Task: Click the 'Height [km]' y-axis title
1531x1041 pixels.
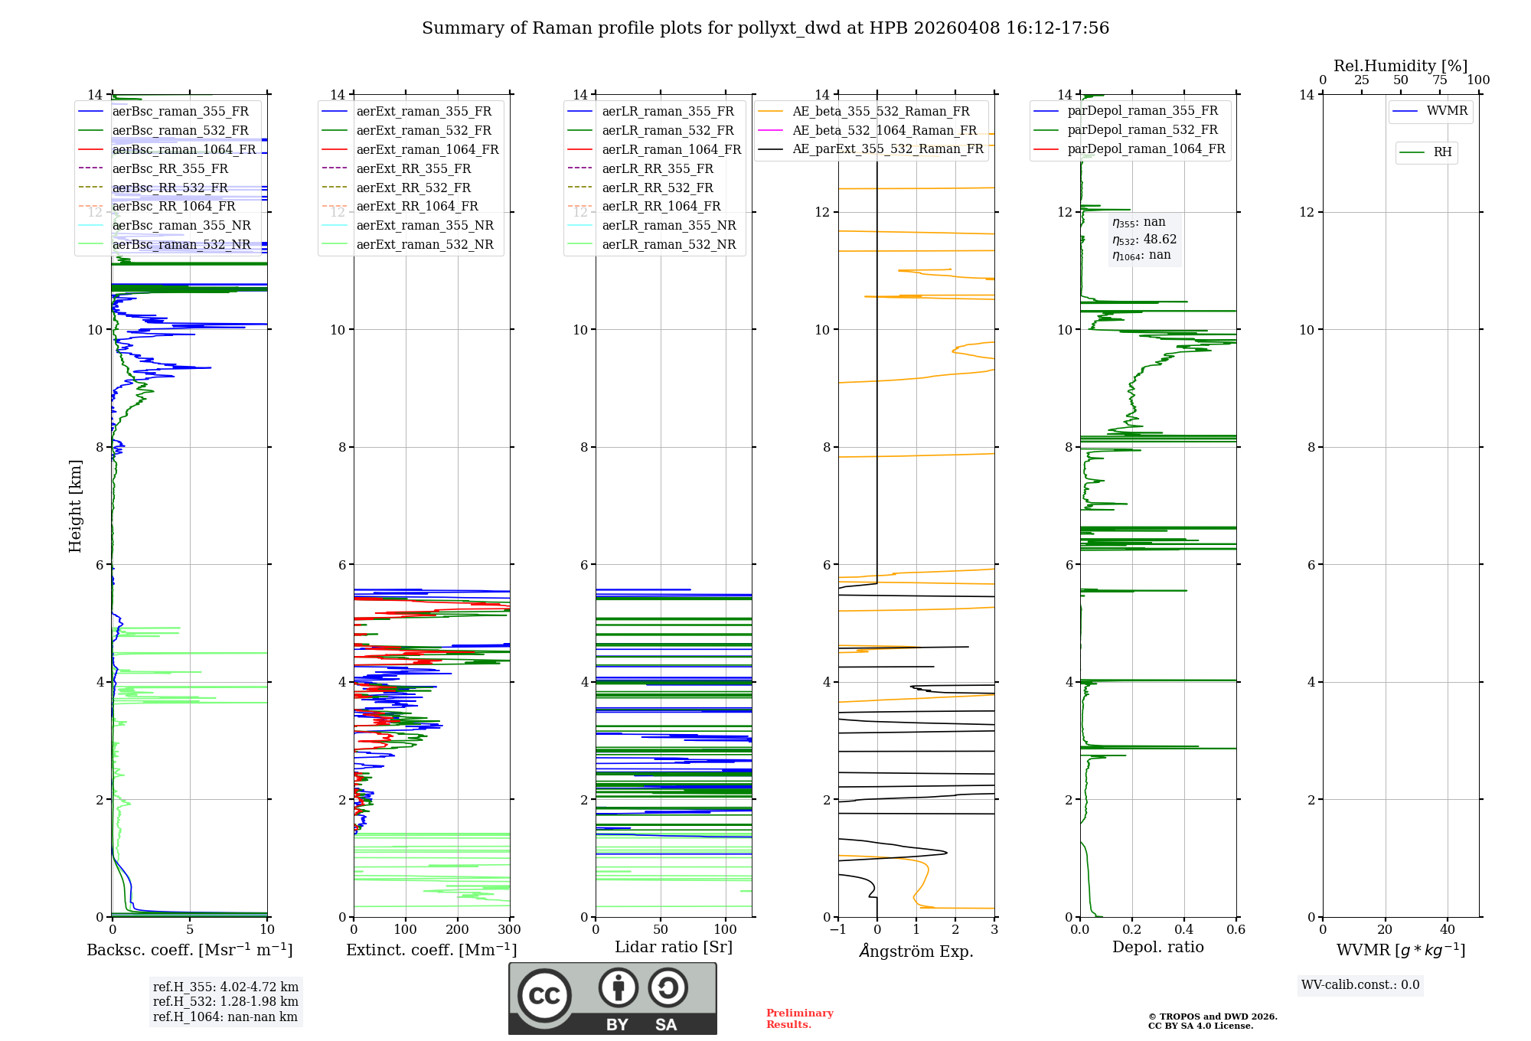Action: (75, 506)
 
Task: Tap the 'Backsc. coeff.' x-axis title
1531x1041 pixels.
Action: (190, 950)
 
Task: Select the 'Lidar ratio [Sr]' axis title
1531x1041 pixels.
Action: (674, 948)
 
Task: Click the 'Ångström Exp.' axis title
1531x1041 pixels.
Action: (916, 951)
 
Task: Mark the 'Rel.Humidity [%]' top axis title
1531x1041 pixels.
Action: (1401, 66)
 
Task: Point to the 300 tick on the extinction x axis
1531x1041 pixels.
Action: (510, 930)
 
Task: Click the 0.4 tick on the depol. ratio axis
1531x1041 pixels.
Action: (1184, 930)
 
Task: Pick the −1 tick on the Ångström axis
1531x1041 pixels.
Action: (837, 930)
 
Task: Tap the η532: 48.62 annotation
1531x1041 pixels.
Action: (1144, 240)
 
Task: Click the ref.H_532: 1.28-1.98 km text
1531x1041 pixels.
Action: (226, 1002)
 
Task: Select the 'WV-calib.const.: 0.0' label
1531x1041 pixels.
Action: (1360, 985)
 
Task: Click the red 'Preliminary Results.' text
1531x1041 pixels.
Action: (800, 1019)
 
